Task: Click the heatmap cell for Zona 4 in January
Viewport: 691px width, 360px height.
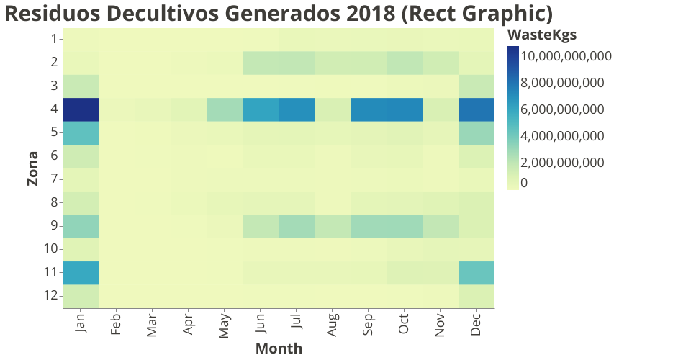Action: (81, 109)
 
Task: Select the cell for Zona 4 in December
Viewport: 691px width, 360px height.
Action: (477, 109)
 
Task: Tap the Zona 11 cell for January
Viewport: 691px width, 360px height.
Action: (81, 273)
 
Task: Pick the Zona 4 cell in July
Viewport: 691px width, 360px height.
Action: (297, 109)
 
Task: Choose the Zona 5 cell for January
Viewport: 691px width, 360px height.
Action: (81, 132)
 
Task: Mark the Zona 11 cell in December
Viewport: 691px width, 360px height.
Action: (477, 273)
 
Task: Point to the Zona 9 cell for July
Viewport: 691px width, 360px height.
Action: (297, 226)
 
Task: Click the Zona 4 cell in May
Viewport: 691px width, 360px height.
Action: (225, 109)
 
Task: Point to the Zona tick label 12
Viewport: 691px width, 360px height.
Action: (50, 296)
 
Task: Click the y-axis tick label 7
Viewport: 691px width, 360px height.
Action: (54, 179)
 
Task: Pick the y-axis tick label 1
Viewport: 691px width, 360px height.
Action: (54, 39)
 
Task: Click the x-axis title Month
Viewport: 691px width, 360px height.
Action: (279, 348)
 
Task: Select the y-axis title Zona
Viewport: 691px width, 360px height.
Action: (32, 168)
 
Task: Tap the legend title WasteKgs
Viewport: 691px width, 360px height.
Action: (541, 35)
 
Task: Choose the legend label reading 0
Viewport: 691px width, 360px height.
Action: (524, 182)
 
